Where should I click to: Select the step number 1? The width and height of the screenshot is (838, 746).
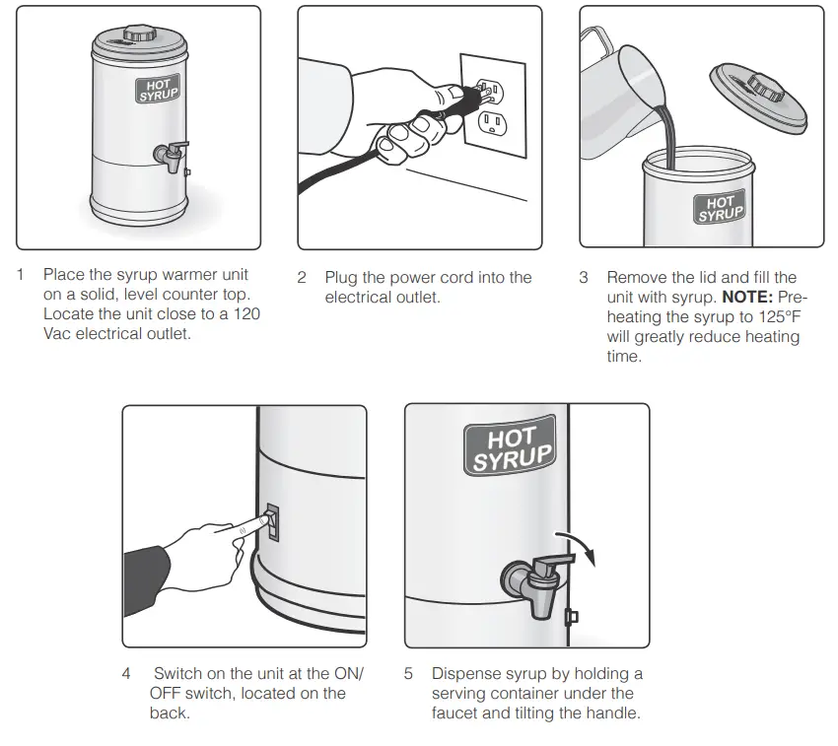[x=20, y=274]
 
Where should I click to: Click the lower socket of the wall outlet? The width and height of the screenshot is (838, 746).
[x=490, y=122]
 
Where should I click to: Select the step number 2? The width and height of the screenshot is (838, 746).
[x=302, y=278]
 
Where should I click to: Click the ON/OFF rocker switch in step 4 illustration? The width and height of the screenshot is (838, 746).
[x=273, y=520]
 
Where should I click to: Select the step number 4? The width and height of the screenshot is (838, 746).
[x=126, y=674]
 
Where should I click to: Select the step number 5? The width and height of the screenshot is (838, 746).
[x=408, y=674]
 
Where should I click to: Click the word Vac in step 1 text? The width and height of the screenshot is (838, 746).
[x=58, y=333]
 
